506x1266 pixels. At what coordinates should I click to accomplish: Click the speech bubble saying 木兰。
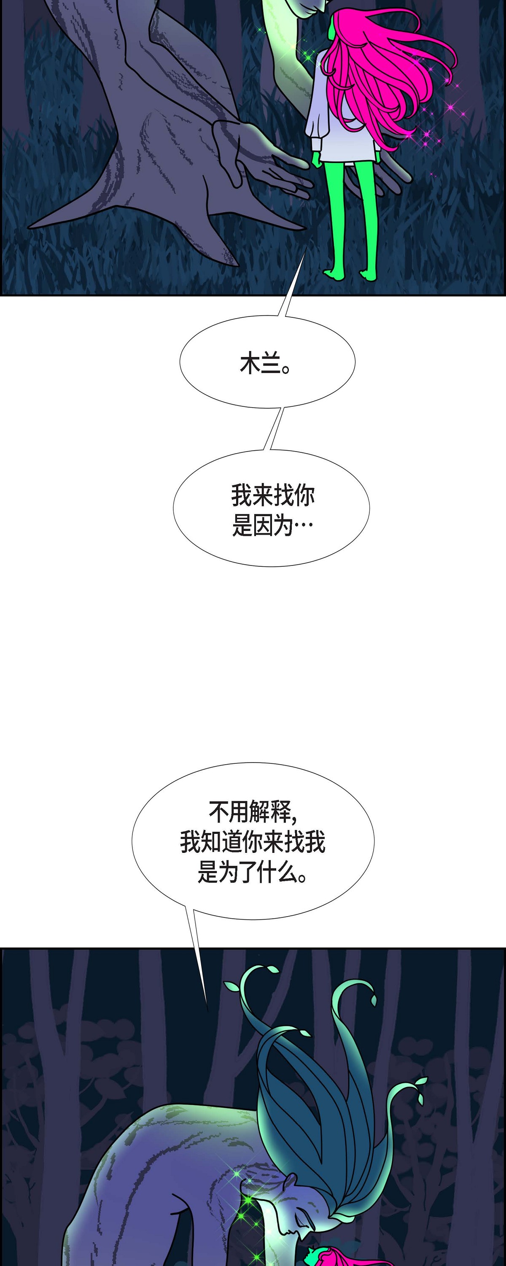(x=267, y=361)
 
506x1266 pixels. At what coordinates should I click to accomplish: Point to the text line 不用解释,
(x=253, y=812)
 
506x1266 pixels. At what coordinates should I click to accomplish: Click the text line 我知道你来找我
(x=253, y=841)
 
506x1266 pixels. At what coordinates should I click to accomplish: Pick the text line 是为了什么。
(x=253, y=872)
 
